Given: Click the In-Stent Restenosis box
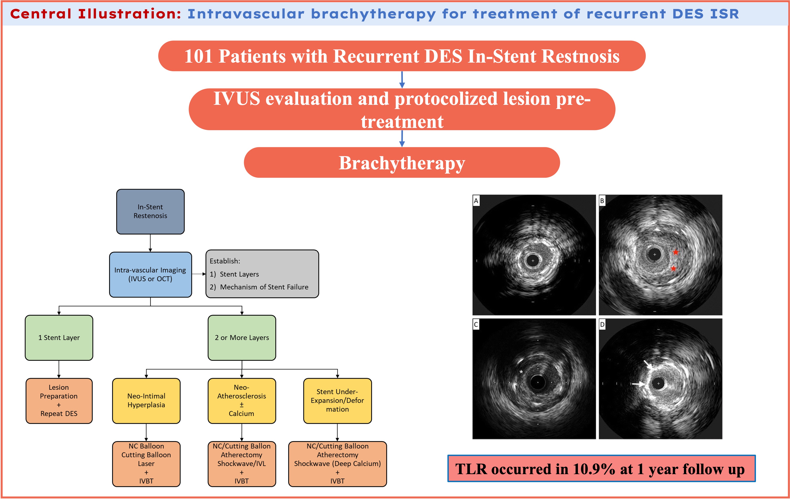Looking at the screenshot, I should coord(150,211).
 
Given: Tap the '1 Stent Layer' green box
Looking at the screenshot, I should coord(59,337).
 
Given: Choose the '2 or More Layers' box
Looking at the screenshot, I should coord(242,337).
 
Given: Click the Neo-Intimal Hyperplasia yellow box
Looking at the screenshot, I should coord(146,400).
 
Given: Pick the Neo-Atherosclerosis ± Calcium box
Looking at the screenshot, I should coord(242,400).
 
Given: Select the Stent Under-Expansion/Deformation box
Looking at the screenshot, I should coord(337,400).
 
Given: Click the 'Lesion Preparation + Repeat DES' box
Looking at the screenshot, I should coord(59,400).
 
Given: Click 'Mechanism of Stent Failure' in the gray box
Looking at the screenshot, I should coord(264,287).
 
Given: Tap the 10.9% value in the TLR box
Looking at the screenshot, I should coord(594,469).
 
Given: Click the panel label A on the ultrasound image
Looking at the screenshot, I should coord(476,200).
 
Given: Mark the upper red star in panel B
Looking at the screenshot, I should coord(676,252).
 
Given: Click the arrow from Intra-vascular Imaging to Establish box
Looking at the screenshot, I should coord(199,274).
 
